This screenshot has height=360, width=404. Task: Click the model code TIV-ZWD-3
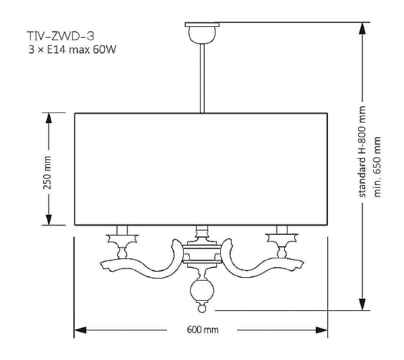[x=61, y=36]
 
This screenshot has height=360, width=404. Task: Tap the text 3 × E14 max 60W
[x=73, y=49]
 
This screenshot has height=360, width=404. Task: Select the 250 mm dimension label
[x=47, y=172]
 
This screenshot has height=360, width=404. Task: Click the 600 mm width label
[x=203, y=330]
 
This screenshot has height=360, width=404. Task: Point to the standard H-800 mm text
[x=362, y=151]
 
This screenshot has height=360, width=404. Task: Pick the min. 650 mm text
[x=377, y=167]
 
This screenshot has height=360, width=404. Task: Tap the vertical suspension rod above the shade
[x=202, y=78]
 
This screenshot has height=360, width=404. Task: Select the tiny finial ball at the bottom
[x=202, y=308]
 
